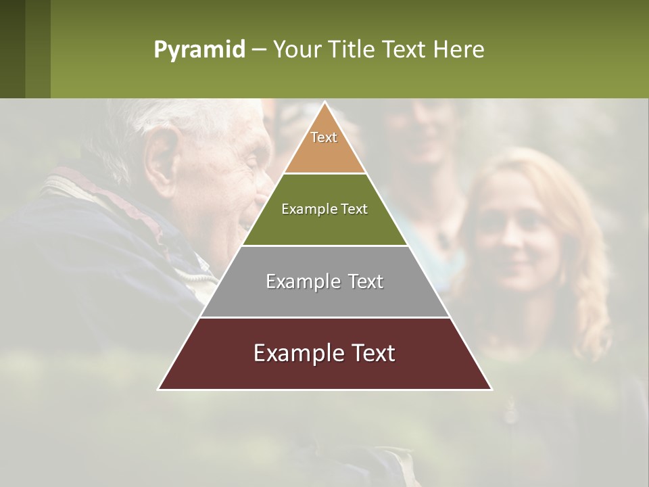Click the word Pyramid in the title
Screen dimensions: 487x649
pos(199,50)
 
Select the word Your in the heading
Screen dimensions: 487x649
pos(297,49)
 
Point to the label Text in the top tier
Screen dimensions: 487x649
pos(324,137)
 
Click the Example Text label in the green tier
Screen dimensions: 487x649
pos(324,209)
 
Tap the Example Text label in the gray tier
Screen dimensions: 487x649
pos(324,281)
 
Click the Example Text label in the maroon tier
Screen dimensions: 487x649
pos(324,353)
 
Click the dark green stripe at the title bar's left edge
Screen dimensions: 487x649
pos(12,49)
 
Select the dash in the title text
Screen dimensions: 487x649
pos(259,50)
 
